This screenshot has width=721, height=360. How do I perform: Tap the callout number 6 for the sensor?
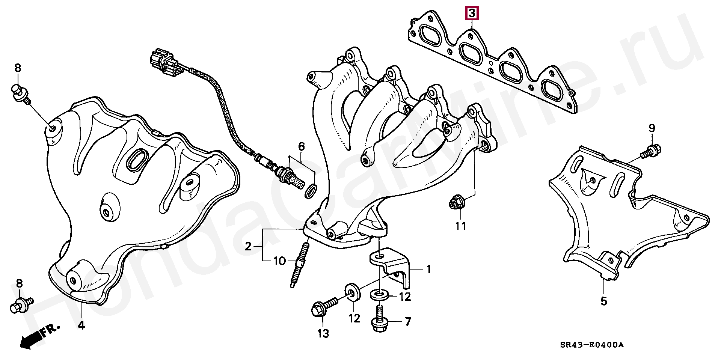tap(301, 146)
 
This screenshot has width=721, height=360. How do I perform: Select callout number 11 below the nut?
tap(461, 226)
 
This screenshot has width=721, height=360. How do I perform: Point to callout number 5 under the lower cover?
tap(603, 301)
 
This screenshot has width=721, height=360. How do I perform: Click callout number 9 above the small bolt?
tap(652, 128)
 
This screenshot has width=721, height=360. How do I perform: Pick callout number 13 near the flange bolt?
tap(323, 333)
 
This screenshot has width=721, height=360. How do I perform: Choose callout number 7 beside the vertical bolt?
tap(408, 321)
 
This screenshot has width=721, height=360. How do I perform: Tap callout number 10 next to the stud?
tap(280, 261)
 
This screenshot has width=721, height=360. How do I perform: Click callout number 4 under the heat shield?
tap(81, 325)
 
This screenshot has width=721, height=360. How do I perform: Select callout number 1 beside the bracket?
tap(428, 270)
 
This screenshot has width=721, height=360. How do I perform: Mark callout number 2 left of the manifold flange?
tap(248, 247)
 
